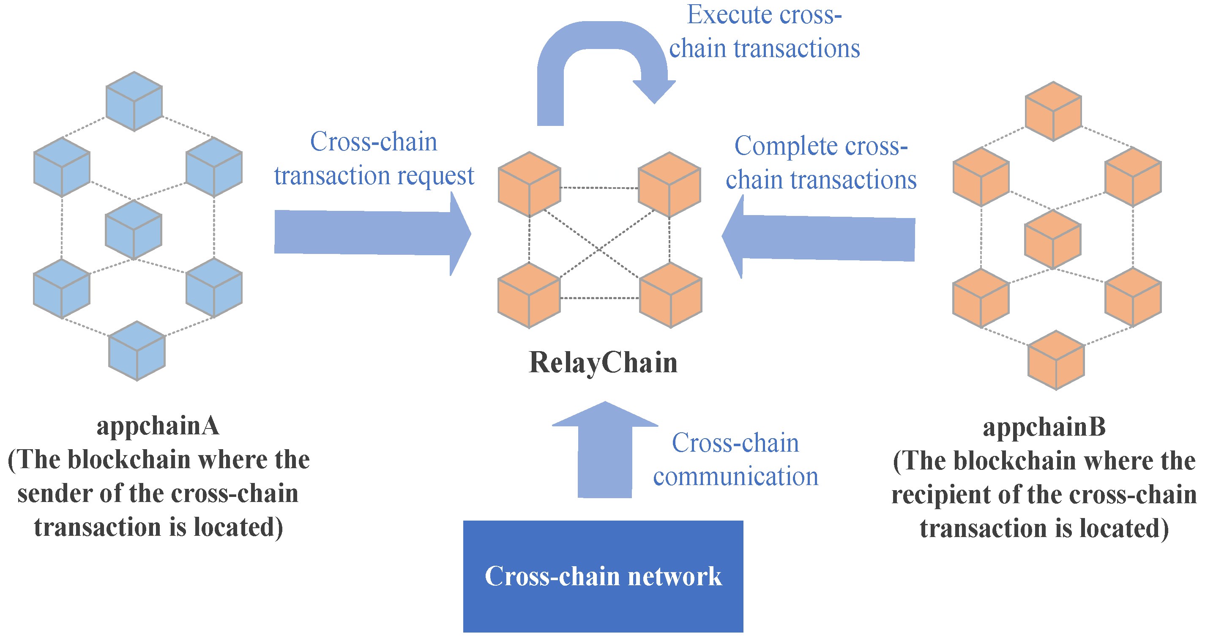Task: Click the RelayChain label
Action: [x=603, y=363]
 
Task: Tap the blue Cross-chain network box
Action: [x=603, y=576]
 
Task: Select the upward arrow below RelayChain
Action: [x=605, y=450]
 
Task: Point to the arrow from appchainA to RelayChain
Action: [x=372, y=233]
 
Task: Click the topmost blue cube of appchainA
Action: [x=134, y=101]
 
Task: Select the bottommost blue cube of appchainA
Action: [x=137, y=351]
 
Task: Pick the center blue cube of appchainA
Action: [x=134, y=230]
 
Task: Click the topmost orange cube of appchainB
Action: [x=1053, y=111]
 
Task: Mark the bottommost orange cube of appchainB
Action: [x=1056, y=360]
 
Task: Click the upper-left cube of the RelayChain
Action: [x=530, y=184]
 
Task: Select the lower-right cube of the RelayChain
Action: [x=671, y=295]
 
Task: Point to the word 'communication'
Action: [x=736, y=477]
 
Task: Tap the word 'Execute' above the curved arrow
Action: [x=729, y=14]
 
